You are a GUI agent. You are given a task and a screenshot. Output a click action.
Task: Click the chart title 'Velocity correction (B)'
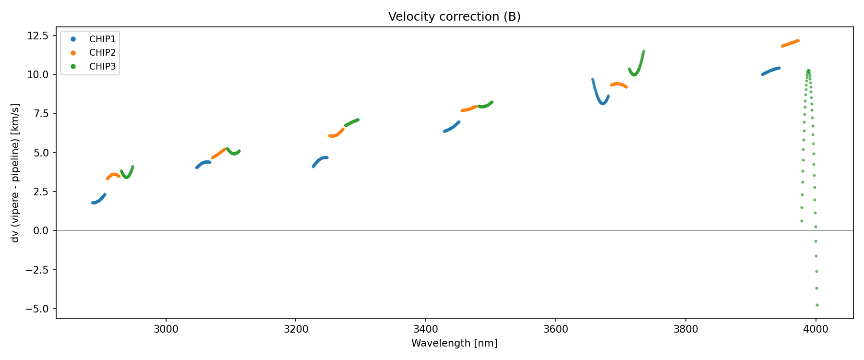[x=454, y=17]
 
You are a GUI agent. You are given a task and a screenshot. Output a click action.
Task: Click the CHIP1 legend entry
[x=102, y=39]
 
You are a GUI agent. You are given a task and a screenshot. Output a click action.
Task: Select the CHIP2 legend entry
[x=102, y=53]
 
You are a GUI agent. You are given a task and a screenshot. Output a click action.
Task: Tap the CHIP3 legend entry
[x=102, y=67]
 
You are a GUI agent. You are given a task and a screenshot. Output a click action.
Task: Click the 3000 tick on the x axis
[x=166, y=329]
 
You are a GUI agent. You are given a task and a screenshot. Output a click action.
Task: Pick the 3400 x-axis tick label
[x=426, y=329]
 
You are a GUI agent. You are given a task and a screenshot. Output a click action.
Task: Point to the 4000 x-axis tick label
[x=816, y=329]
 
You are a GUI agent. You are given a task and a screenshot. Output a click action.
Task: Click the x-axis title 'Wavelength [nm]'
[x=454, y=343]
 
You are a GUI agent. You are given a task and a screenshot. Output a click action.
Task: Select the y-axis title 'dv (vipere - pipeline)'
[x=15, y=173]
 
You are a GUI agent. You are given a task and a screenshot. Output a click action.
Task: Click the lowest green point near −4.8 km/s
[x=817, y=305]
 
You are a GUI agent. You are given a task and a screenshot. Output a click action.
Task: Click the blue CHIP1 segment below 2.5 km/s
[x=98, y=200]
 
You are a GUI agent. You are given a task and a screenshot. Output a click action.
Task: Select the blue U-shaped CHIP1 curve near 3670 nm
[x=602, y=102]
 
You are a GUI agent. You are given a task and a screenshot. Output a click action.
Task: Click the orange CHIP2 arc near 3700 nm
[x=619, y=84]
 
